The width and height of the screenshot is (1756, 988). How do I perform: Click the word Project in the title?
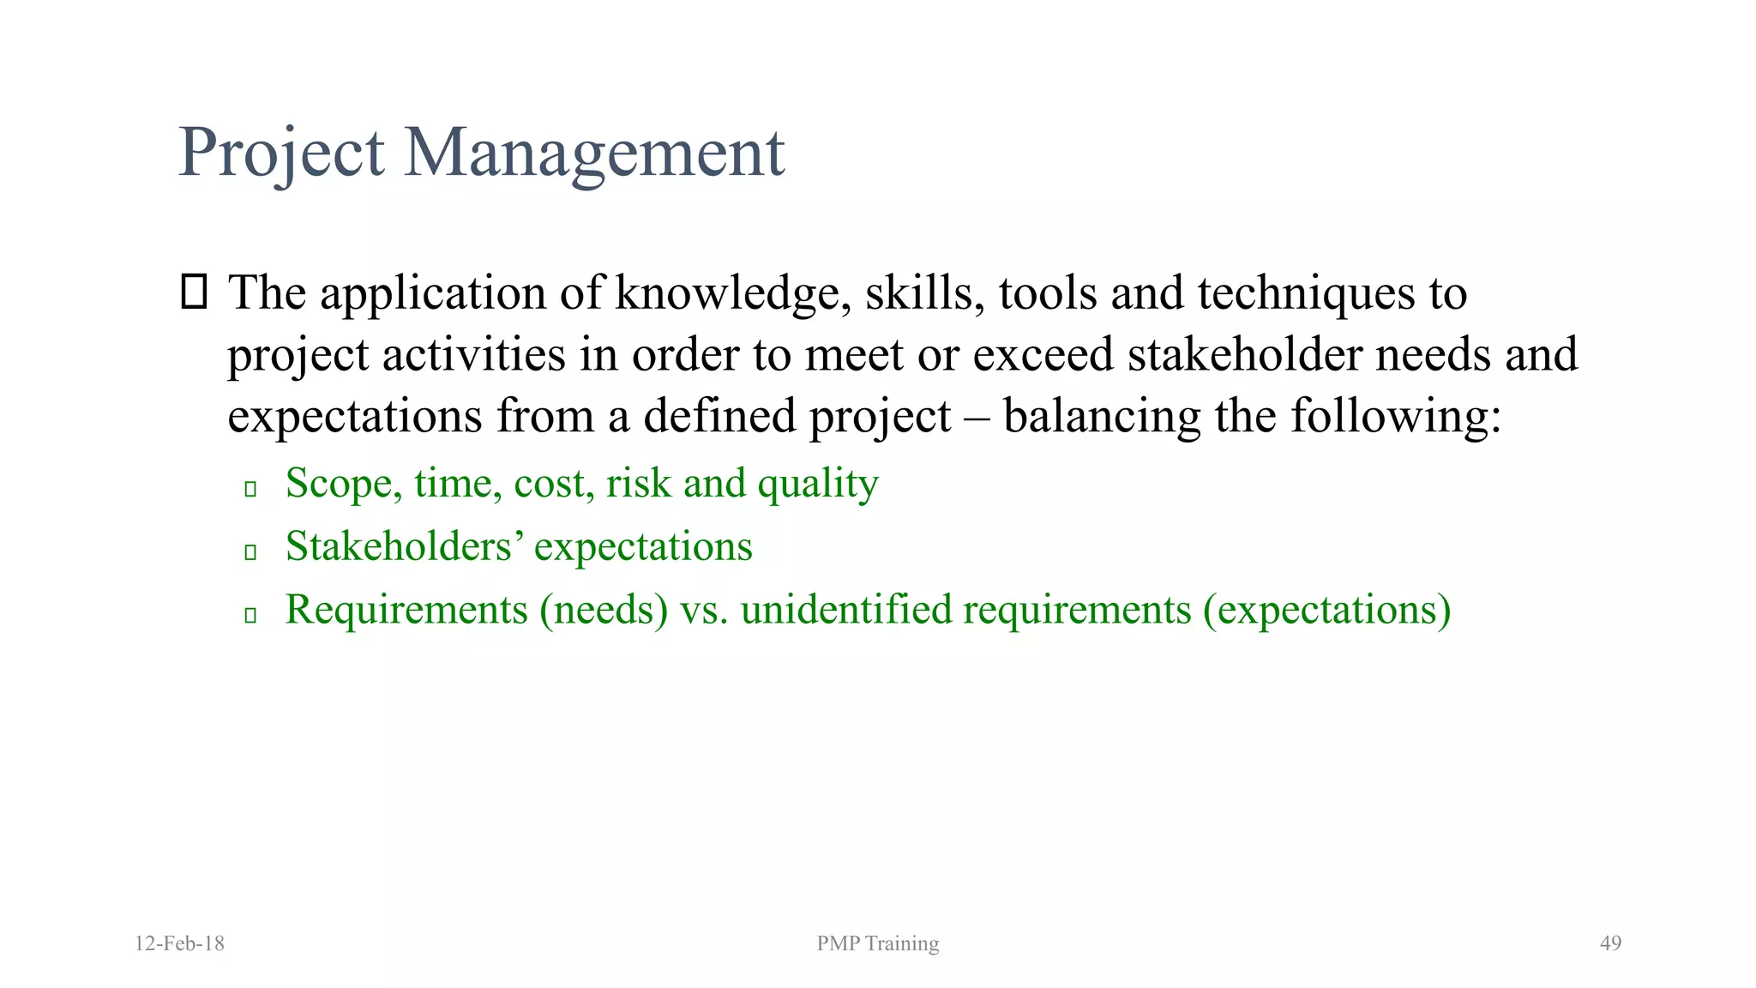point(281,153)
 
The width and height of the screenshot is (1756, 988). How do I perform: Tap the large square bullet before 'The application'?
point(195,292)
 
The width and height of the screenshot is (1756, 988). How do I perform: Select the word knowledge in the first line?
point(732,293)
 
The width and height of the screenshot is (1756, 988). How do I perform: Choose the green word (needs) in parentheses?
point(604,610)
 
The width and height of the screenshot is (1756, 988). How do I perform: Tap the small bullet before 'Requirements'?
point(250,615)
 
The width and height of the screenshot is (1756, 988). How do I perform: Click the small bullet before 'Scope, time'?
point(250,489)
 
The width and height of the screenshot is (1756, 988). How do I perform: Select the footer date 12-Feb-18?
point(179,943)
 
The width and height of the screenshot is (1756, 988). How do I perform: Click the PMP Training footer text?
point(877,943)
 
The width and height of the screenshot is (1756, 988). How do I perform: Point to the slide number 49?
point(1610,943)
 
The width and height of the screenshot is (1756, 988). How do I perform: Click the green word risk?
point(638,484)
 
